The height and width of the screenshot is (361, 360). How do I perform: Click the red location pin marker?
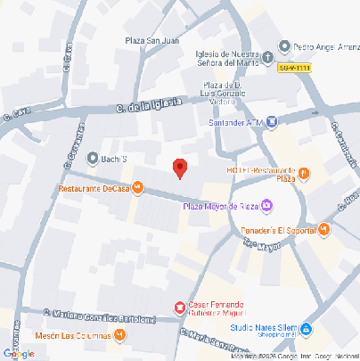coord(179,168)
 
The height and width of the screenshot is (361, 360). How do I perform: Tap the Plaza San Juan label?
coord(152,38)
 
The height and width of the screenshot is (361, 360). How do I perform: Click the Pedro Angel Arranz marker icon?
coord(284,46)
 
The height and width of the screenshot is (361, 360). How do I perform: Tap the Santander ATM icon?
coord(271,122)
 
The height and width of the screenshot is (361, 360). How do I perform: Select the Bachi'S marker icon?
coord(93,159)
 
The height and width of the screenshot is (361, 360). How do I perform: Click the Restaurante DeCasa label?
coord(93,188)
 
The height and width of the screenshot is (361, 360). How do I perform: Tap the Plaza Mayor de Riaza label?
coord(219,207)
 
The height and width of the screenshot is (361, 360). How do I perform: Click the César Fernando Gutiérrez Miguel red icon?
coord(179,308)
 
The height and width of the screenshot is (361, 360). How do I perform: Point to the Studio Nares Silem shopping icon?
coord(306,329)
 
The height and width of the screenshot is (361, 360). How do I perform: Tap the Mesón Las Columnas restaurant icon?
coord(119,335)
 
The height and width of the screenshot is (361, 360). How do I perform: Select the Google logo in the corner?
coord(19,353)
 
